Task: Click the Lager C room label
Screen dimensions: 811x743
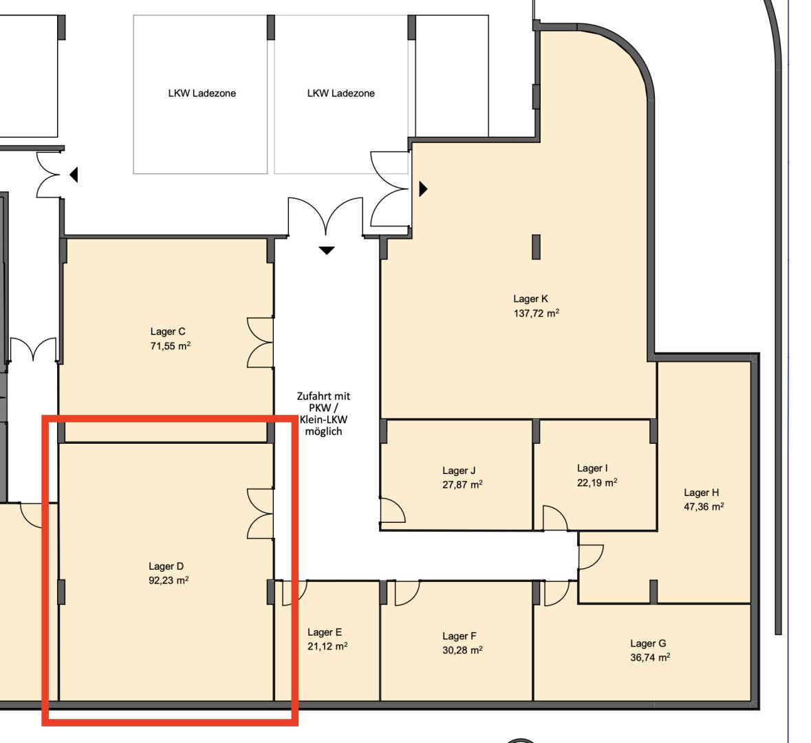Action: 168,332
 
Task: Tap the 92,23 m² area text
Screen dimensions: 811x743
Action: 169,580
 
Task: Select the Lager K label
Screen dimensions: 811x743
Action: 530,299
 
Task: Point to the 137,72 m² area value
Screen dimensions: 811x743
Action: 537,313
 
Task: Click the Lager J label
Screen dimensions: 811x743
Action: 459,471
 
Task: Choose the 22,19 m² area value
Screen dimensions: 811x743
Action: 597,482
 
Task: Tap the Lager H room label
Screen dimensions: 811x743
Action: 702,493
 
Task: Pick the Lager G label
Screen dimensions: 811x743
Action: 648,643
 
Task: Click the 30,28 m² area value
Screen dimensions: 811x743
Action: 462,650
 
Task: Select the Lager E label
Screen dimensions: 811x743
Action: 324,632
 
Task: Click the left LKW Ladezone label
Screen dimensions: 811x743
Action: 202,93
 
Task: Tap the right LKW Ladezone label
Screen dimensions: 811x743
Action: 341,93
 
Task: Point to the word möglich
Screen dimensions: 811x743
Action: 323,431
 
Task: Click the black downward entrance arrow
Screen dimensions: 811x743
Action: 326,250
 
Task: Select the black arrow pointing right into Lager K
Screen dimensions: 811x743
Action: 423,189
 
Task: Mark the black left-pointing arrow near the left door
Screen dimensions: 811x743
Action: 74,175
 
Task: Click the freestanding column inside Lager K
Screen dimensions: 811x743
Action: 537,247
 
